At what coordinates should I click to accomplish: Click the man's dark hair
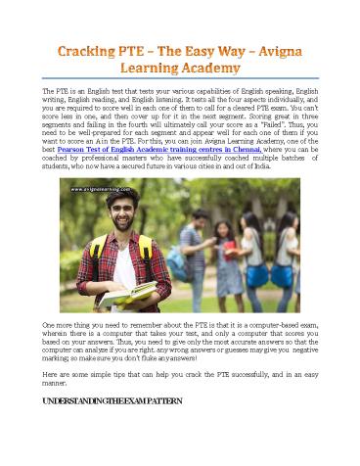(x=115, y=196)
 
